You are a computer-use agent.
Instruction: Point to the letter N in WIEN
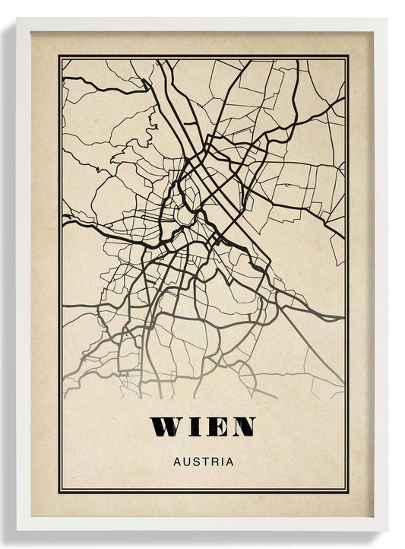coord(242,427)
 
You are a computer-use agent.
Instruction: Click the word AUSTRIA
coord(203,462)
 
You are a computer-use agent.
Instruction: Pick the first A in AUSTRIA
coord(177,462)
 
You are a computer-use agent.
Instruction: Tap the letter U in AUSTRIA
coord(186,462)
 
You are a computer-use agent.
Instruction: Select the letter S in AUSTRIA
coord(195,462)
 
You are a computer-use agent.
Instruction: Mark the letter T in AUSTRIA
coord(204,462)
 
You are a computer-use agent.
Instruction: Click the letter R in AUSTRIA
coord(213,462)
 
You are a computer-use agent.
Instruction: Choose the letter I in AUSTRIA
coord(220,462)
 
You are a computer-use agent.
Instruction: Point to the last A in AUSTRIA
coord(229,462)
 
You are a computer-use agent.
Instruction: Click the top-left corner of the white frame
coord(17,19)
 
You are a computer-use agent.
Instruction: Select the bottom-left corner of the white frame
coord(17,530)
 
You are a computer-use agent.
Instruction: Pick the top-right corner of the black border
coord(348,56)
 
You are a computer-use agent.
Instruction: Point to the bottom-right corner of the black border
coord(348,492)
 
